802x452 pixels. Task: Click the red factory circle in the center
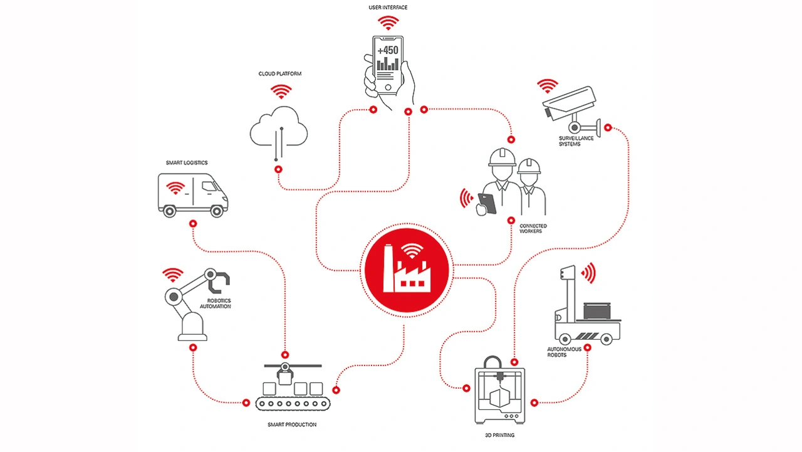click(407, 269)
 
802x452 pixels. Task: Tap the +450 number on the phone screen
click(388, 50)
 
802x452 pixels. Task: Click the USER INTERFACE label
click(388, 8)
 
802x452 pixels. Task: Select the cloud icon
click(279, 129)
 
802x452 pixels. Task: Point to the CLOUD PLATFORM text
click(280, 74)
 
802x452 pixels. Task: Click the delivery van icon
click(192, 195)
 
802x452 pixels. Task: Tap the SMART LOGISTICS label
click(187, 163)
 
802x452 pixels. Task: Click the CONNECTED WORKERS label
click(533, 229)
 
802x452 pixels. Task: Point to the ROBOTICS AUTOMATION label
click(219, 303)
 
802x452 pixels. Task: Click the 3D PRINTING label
click(499, 434)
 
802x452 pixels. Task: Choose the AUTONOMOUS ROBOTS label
click(564, 352)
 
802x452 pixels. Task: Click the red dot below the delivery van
click(193, 223)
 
